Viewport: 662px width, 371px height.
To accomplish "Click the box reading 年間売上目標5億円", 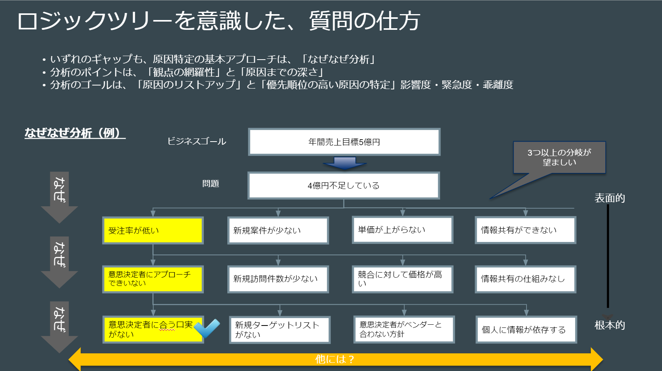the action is point(344,142).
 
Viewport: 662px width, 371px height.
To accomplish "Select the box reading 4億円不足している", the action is point(344,185).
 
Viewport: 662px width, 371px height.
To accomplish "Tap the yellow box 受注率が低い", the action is point(153,231).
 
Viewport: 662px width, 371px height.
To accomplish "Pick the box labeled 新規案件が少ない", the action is point(278,231).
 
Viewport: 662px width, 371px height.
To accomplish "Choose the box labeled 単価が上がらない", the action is point(402,230).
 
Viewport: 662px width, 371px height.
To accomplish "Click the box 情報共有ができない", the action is point(525,230).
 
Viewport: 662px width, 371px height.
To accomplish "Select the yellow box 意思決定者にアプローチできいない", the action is point(153,279).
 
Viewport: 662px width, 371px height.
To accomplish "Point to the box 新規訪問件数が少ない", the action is point(278,279).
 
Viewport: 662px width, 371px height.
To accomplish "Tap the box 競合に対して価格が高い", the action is point(402,279).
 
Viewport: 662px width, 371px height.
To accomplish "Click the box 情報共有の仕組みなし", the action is point(525,279).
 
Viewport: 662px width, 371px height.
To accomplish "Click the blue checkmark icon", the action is point(207,328).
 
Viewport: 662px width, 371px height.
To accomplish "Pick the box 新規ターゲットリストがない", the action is point(280,330).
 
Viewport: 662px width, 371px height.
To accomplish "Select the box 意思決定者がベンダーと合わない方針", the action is point(404,329).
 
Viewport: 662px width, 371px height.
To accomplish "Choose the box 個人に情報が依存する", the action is point(526,329).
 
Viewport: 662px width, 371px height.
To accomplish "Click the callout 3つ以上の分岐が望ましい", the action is point(559,157).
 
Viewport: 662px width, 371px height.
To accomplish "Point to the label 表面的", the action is point(609,198).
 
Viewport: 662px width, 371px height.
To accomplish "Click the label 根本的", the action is point(609,325).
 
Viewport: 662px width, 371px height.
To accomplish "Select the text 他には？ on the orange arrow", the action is point(335,359).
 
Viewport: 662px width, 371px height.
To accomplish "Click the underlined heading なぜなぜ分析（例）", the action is point(75,133).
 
